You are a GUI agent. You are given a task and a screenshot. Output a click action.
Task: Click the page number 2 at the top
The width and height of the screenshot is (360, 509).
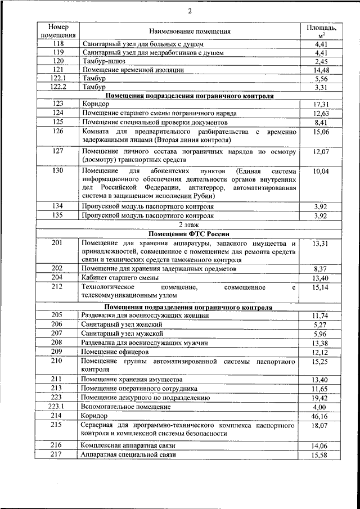coord(190,12)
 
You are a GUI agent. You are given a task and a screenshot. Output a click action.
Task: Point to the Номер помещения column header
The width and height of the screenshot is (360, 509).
coord(58,31)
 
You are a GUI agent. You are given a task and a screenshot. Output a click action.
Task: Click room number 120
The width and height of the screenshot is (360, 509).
coord(58,61)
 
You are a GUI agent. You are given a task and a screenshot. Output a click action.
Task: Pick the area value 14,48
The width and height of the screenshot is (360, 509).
coord(321,70)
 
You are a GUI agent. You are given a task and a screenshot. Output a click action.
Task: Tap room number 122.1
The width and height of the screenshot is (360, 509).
coord(58,79)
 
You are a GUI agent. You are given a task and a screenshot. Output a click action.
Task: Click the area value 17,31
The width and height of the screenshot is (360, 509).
coord(321,105)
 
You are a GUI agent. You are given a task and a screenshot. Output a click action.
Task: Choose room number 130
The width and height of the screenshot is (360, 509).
coord(58,170)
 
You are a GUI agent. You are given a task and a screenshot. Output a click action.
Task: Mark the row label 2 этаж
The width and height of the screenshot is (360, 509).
coord(190,224)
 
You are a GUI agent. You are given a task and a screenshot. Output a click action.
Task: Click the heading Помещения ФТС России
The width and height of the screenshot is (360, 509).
coord(190,233)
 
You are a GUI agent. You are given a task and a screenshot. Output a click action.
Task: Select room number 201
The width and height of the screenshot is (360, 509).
coord(58,242)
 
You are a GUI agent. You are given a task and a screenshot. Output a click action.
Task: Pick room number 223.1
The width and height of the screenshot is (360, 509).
coord(58,407)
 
